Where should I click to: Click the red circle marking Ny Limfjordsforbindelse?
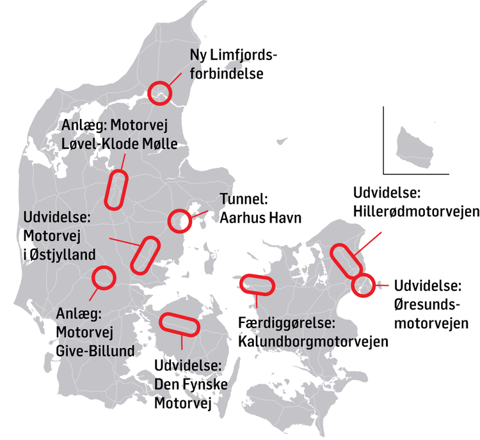click(160, 93)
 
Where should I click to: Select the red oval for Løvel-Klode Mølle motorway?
click(116, 189)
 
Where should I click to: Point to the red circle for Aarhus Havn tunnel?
click(179, 221)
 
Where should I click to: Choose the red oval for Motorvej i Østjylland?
click(144, 254)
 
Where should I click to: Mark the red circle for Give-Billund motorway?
click(103, 277)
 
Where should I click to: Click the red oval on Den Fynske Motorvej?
click(177, 324)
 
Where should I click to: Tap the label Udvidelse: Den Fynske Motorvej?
click(188, 385)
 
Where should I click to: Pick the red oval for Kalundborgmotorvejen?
click(255, 285)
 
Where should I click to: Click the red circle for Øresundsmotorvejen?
click(363, 285)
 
